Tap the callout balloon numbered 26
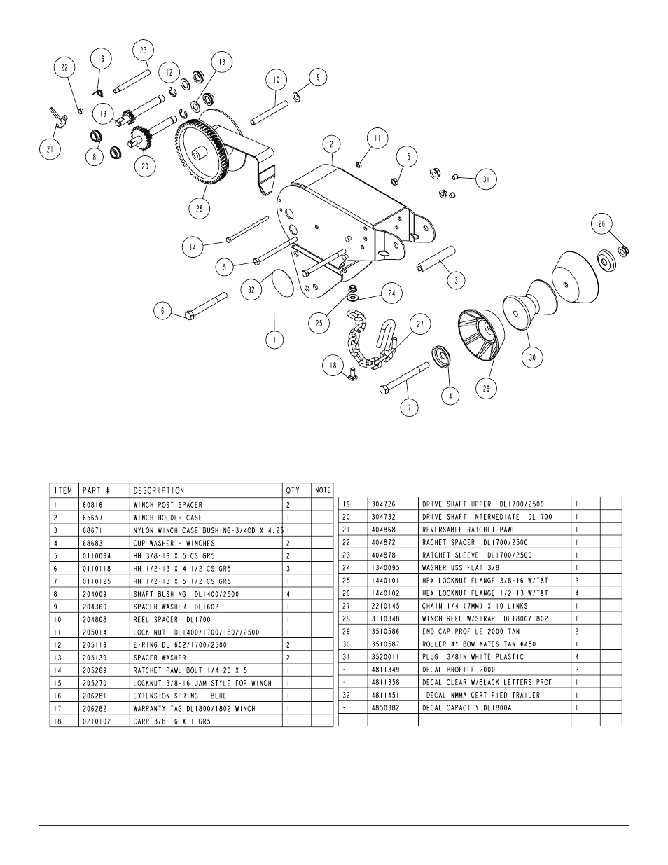coord(601,224)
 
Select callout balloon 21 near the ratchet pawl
coord(50,149)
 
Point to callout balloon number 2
coord(331,144)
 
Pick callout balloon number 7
coord(409,406)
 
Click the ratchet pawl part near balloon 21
coord(57,117)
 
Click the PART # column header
coord(96,490)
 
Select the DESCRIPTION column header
coord(159,490)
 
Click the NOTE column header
coord(323,490)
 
